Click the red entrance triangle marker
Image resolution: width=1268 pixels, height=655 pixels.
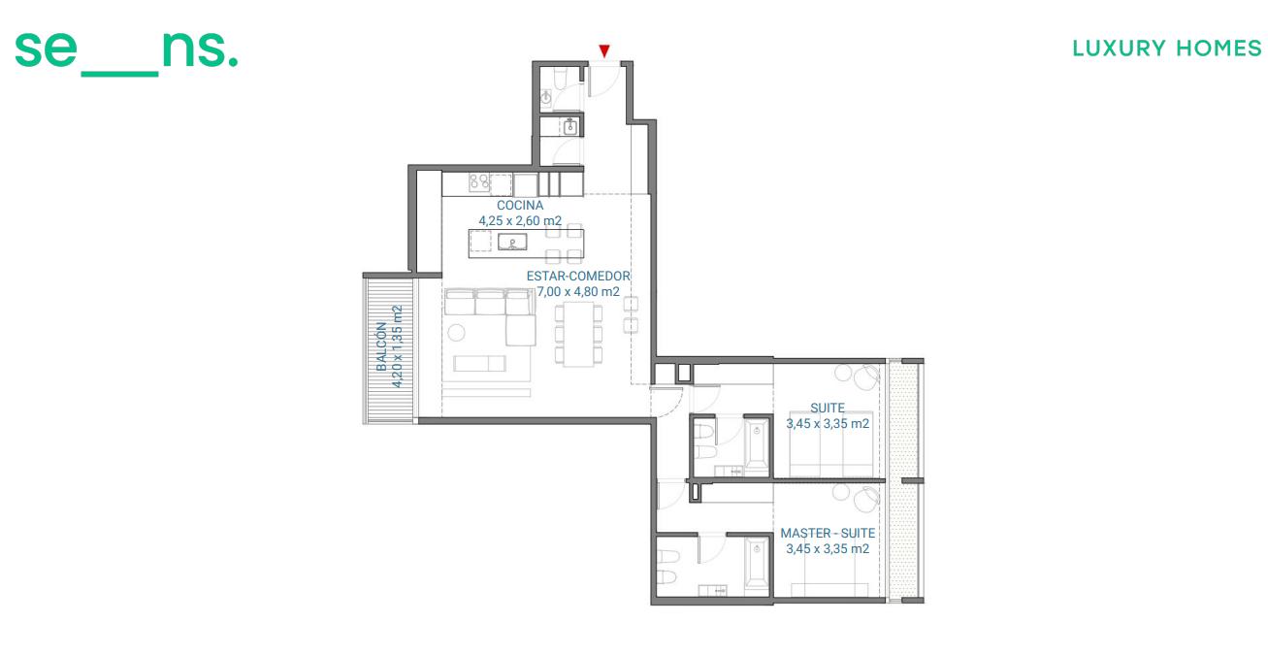click(x=604, y=51)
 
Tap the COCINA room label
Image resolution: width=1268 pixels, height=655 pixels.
click(x=520, y=205)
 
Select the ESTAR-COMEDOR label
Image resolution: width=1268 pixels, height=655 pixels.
click(x=578, y=276)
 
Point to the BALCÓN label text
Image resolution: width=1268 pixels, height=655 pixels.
click(x=381, y=346)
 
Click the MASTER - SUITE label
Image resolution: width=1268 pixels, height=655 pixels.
click(x=828, y=533)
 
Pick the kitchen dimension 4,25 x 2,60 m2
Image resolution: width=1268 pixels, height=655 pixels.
click(x=520, y=220)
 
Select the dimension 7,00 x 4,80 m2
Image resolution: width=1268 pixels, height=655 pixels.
click(x=578, y=291)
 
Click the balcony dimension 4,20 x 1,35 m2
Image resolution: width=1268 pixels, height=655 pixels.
click(x=397, y=346)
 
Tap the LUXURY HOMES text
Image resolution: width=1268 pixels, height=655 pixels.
click(x=1167, y=49)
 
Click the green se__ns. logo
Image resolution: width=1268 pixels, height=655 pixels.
click(x=126, y=53)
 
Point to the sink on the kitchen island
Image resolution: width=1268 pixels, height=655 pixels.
click(x=512, y=243)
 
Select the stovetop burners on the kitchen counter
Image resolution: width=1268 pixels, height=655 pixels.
click(x=479, y=181)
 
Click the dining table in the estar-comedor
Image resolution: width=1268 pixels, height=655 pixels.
click(x=578, y=334)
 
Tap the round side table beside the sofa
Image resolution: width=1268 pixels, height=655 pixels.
click(x=456, y=332)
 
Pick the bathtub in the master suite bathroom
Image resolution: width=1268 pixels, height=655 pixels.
click(x=757, y=565)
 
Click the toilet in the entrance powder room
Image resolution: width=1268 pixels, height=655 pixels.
click(x=561, y=79)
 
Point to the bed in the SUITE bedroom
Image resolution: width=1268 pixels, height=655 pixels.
click(x=831, y=444)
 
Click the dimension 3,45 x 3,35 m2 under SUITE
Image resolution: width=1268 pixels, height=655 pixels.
click(x=828, y=423)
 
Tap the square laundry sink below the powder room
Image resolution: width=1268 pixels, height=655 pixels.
click(x=570, y=127)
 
